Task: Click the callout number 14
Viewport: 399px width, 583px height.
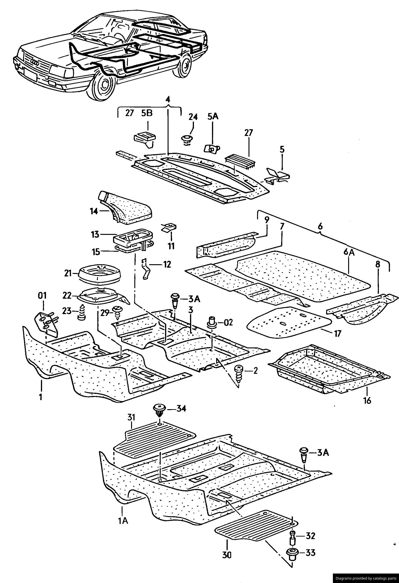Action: tap(94, 211)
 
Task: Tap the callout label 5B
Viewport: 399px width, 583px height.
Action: tap(147, 114)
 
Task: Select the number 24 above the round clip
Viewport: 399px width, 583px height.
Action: tap(193, 117)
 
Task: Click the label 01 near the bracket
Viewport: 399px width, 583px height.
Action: tap(42, 296)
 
